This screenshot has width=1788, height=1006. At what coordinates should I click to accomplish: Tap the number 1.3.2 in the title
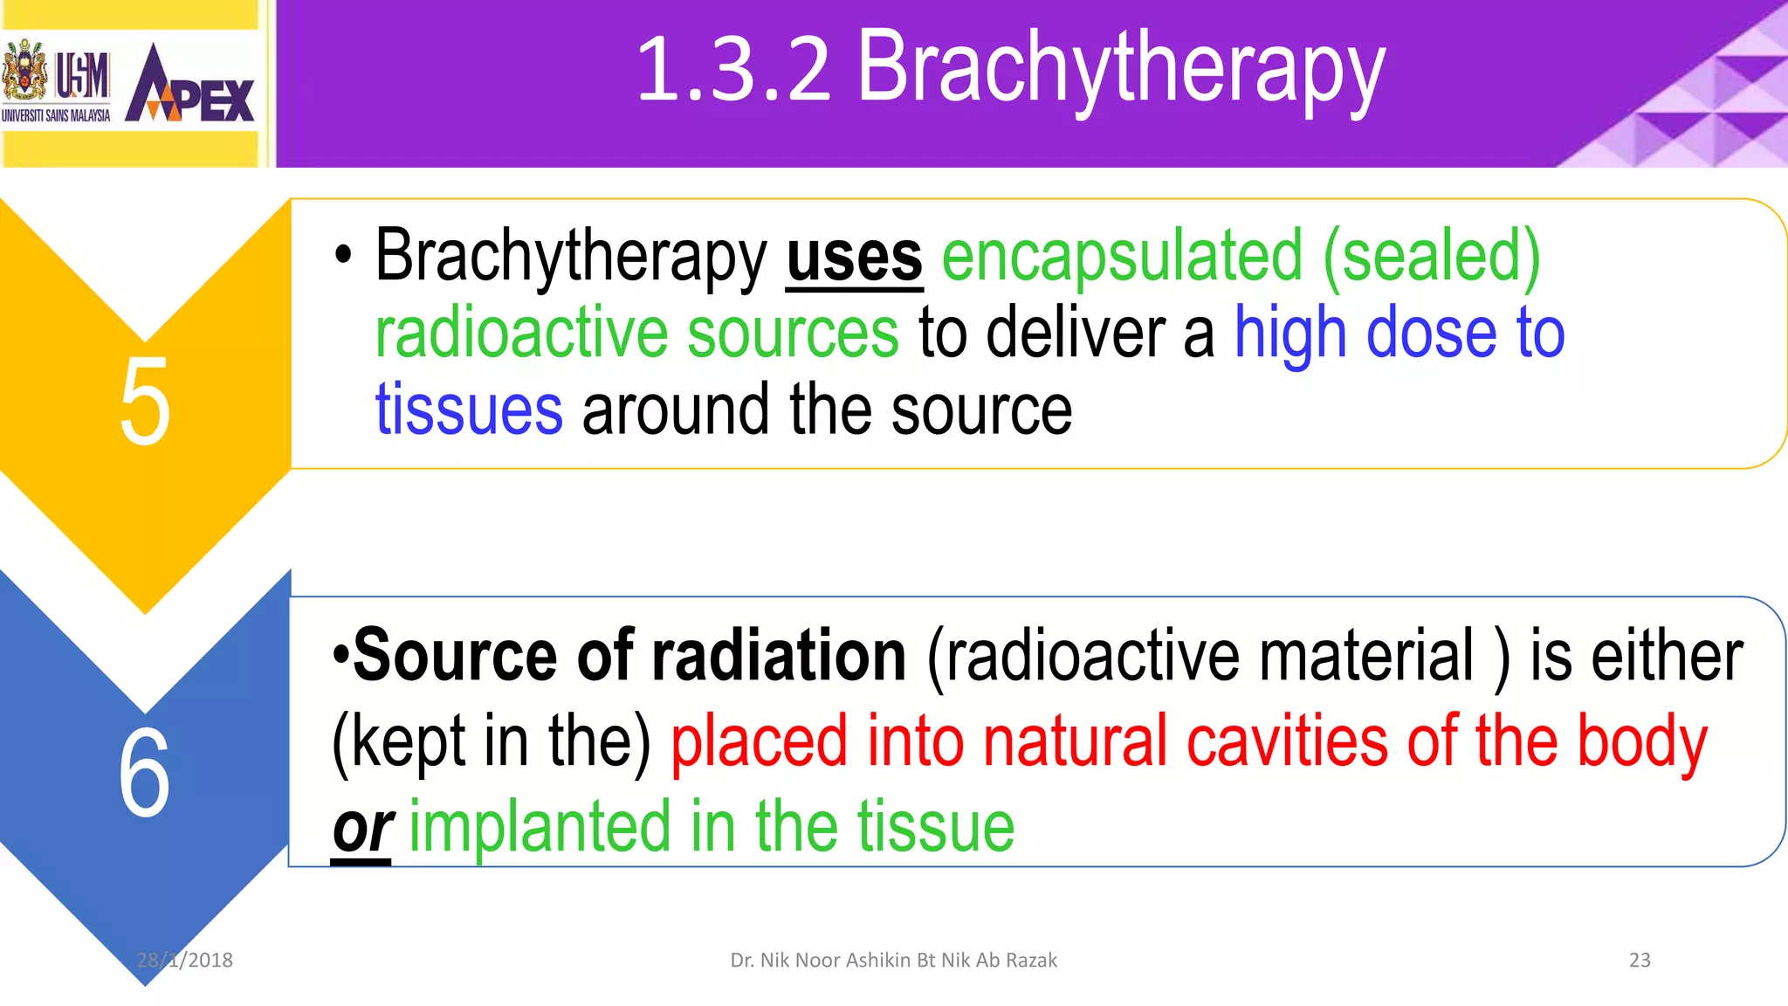tap(733, 70)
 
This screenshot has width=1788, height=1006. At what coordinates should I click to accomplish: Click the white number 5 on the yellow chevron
tap(144, 403)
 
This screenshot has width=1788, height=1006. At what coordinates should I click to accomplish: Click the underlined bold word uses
tap(854, 258)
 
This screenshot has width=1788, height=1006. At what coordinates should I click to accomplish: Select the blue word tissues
tap(469, 410)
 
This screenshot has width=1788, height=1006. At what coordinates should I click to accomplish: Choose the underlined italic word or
tap(361, 830)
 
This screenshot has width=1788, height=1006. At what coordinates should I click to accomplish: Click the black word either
tap(1666, 657)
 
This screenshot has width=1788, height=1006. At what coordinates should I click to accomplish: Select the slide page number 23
tap(1640, 961)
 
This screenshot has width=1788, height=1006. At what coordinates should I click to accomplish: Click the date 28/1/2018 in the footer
tap(185, 961)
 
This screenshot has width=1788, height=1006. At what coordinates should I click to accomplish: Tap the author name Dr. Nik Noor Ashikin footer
tap(893, 961)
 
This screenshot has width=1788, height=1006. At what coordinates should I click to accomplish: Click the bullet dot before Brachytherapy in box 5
tap(343, 256)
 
